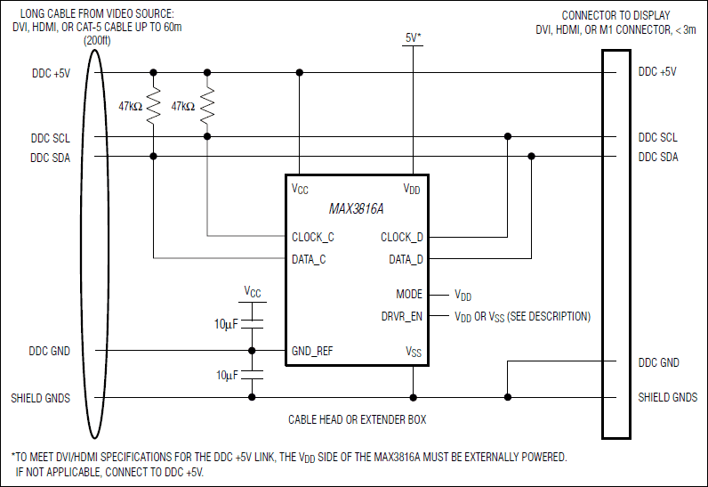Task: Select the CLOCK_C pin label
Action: point(313,238)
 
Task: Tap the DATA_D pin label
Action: point(406,259)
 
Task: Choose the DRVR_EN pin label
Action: point(401,316)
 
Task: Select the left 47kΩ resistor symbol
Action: point(154,106)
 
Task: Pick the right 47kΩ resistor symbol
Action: point(207,106)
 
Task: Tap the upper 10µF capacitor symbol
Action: point(253,322)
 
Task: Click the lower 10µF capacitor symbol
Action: point(253,375)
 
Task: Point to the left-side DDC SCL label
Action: point(50,138)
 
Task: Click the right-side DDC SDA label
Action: point(657,158)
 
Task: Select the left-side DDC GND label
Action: point(50,351)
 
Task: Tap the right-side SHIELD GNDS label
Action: point(667,397)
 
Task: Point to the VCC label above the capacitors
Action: point(253,291)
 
